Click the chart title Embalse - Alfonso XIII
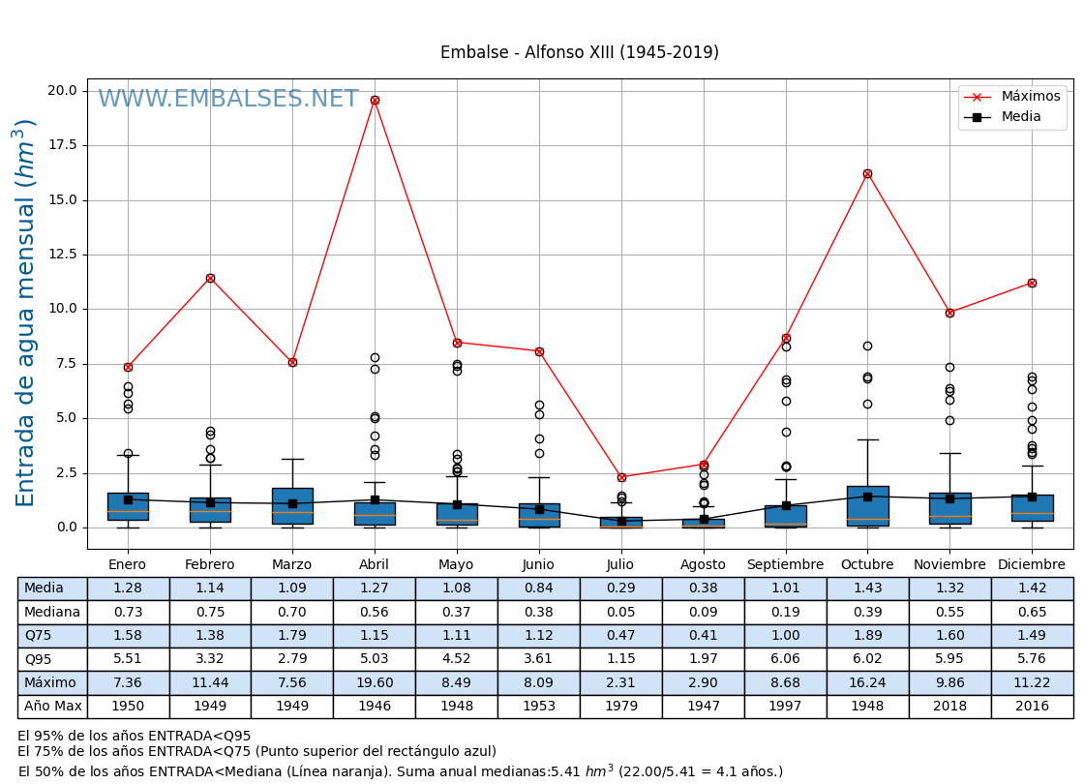click(579, 53)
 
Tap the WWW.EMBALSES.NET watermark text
click(227, 99)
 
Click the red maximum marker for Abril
click(375, 100)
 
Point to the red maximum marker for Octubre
click(867, 173)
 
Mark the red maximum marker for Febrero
click(210, 278)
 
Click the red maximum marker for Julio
click(621, 477)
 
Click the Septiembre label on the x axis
click(785, 565)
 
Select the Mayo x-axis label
click(456, 565)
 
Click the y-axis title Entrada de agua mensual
click(26, 312)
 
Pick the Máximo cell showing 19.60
click(375, 683)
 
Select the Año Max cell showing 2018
click(949, 707)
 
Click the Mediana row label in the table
click(52, 613)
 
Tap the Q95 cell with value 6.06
click(785, 660)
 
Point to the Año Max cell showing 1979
click(620, 707)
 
